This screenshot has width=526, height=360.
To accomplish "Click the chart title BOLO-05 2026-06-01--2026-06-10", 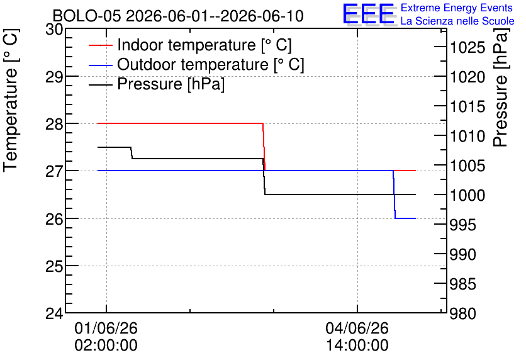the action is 178,16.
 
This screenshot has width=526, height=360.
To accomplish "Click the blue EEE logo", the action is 369,14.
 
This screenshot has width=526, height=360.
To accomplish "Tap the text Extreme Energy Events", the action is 457,8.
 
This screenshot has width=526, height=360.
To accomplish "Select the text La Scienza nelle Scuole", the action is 457,21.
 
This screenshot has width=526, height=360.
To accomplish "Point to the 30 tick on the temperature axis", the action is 54,30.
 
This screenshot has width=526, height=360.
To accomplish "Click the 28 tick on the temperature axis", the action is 54,124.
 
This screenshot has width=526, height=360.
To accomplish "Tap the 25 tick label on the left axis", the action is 54,266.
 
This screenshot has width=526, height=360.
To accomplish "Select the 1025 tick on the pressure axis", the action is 467,48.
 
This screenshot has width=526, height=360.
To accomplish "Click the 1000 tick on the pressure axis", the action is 467,195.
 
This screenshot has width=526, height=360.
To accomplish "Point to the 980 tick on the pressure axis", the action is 462,313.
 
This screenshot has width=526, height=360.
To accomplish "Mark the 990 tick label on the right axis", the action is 462,255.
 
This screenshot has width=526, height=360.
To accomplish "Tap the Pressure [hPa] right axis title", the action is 501,87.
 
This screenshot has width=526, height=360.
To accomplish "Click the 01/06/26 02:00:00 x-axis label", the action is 106,337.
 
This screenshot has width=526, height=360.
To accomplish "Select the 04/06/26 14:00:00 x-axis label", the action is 357,337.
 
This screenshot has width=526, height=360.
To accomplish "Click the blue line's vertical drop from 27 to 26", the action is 394,194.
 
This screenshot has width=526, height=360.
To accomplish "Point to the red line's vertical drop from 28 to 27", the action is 264,147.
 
